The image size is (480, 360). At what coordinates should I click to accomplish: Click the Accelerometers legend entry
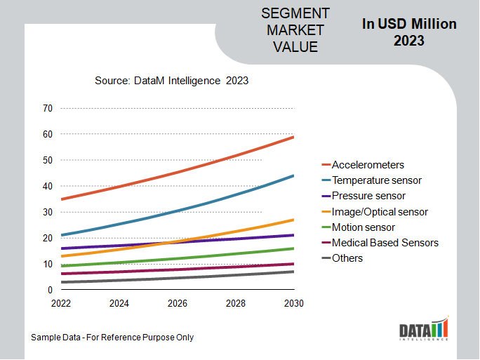[x=368, y=165]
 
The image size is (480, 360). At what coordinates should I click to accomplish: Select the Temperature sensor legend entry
[x=376, y=180]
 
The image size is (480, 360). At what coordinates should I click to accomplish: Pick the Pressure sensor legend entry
[x=368, y=196]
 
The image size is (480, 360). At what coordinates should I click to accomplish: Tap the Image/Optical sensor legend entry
[x=380, y=211]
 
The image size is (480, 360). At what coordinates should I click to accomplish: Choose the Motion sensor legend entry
[x=363, y=227]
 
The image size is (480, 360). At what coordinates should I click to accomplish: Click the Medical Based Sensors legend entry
[x=385, y=243]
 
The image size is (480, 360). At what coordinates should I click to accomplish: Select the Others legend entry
[x=347, y=258]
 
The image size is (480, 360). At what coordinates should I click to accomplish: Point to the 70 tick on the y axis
[x=48, y=108]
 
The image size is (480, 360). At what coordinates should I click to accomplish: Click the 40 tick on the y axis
[x=48, y=186]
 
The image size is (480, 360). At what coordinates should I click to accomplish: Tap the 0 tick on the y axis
[x=50, y=290]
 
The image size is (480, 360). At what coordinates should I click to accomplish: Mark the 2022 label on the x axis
[x=62, y=304]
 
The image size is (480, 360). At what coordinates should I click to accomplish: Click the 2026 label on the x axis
[x=178, y=304]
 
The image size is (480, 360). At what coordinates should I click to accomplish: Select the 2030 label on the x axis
[x=293, y=304]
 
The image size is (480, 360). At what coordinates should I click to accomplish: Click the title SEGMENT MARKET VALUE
[x=295, y=31]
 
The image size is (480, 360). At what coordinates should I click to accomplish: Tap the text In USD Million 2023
[x=409, y=32]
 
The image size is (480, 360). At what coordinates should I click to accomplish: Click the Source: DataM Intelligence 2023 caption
[x=171, y=81]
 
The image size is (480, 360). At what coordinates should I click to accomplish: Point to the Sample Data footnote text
[x=112, y=338]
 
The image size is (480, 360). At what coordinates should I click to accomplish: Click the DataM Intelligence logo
[x=423, y=330]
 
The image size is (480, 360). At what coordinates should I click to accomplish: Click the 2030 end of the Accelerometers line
[x=293, y=137]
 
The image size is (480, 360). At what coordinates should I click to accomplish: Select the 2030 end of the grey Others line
[x=293, y=272]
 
